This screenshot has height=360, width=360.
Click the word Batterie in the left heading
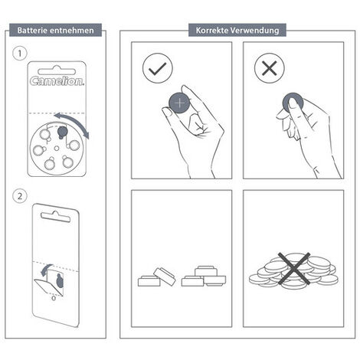click(x=32, y=31)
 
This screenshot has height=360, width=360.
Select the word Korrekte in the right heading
click(x=211, y=30)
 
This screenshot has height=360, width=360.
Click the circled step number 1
click(x=19, y=54)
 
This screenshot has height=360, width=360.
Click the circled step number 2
click(x=19, y=196)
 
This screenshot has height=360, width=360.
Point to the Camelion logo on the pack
click(x=57, y=81)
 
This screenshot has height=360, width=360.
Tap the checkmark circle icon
click(x=158, y=68)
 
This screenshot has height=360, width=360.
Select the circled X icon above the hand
click(x=270, y=68)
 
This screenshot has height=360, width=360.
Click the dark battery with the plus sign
click(x=180, y=103)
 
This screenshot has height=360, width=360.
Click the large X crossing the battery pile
click(x=294, y=269)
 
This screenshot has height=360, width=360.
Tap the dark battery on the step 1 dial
click(x=62, y=132)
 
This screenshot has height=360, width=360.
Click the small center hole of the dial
click(x=57, y=149)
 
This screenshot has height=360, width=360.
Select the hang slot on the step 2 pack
click(x=55, y=217)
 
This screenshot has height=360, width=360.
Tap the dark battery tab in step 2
click(x=60, y=280)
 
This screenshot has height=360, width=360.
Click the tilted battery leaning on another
click(x=165, y=277)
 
